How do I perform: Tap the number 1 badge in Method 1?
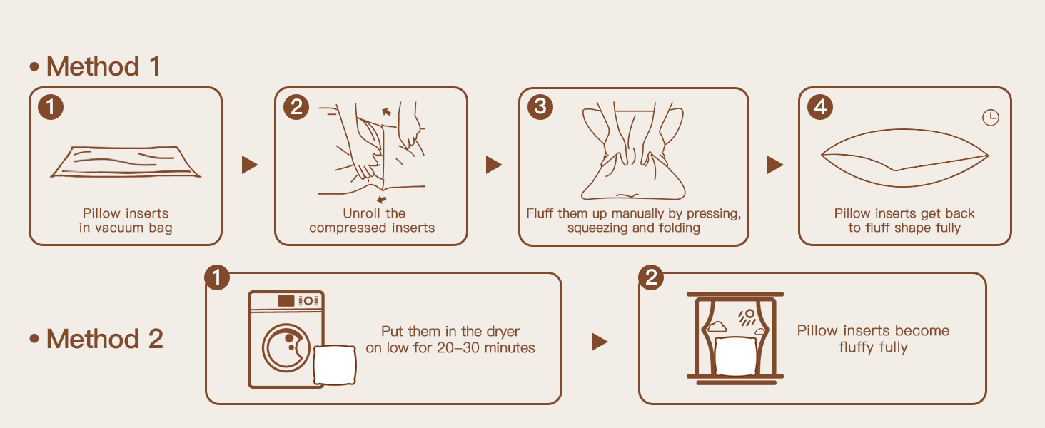(x=51, y=107)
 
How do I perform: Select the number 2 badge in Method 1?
(x=296, y=107)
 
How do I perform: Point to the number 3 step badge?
(x=540, y=107)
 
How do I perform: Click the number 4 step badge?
(x=820, y=107)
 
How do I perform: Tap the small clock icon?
(x=991, y=118)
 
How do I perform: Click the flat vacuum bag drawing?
(x=125, y=162)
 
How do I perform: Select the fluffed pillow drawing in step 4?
(x=904, y=158)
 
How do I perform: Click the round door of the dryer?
(x=286, y=347)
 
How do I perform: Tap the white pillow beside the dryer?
(x=335, y=365)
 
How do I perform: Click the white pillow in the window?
(x=736, y=356)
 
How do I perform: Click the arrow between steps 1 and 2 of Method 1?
(x=250, y=165)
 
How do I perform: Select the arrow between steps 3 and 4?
(x=775, y=165)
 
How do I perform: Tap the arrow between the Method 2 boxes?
(x=600, y=341)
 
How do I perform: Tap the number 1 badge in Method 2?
(x=217, y=277)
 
